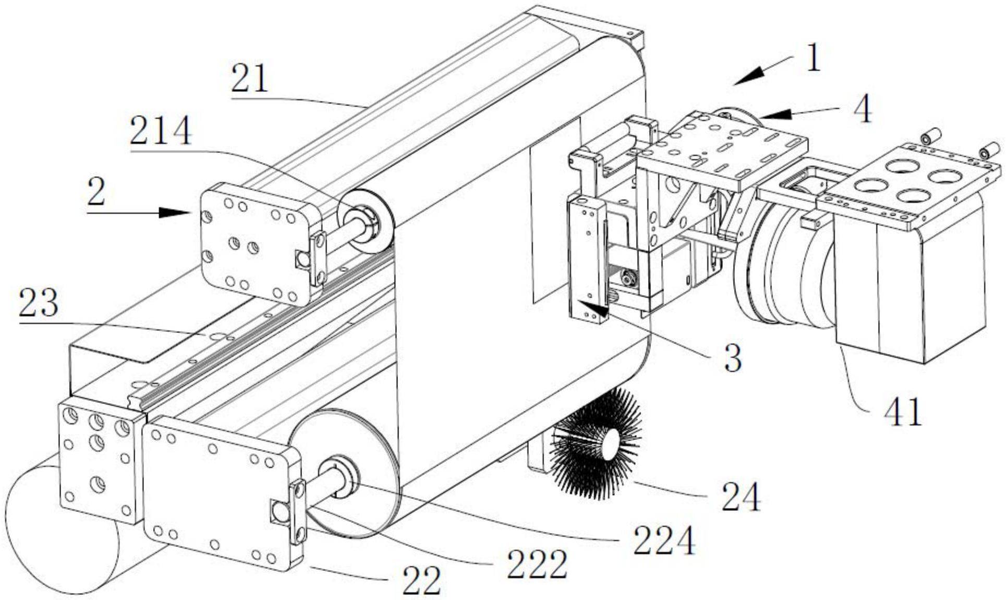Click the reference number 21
coord(250,79)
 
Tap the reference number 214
coord(161,131)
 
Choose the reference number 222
coord(537,565)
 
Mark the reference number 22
coord(421,581)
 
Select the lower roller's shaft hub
coord(341,475)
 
